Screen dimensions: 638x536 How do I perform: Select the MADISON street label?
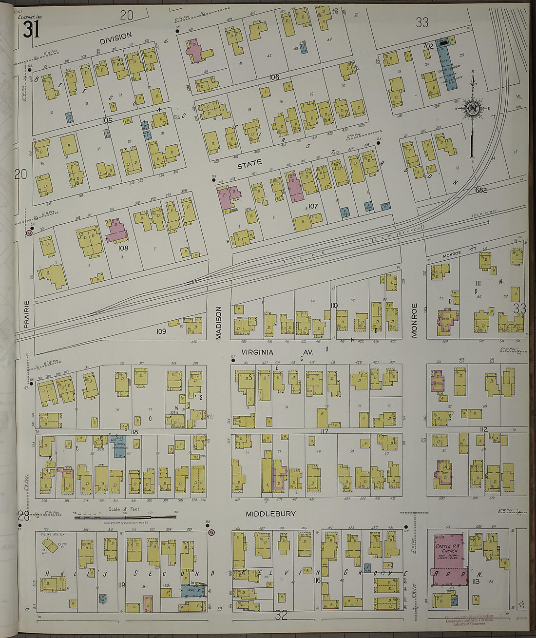[219, 322]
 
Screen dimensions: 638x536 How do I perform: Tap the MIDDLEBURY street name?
[270, 514]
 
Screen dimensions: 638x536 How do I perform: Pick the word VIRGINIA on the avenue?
[257, 352]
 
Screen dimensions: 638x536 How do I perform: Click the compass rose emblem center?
[472, 108]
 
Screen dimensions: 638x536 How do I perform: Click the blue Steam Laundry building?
[445, 68]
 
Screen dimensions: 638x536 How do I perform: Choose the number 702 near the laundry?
[428, 46]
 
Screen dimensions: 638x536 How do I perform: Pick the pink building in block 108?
[116, 231]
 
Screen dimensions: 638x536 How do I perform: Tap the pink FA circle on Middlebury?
[211, 533]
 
